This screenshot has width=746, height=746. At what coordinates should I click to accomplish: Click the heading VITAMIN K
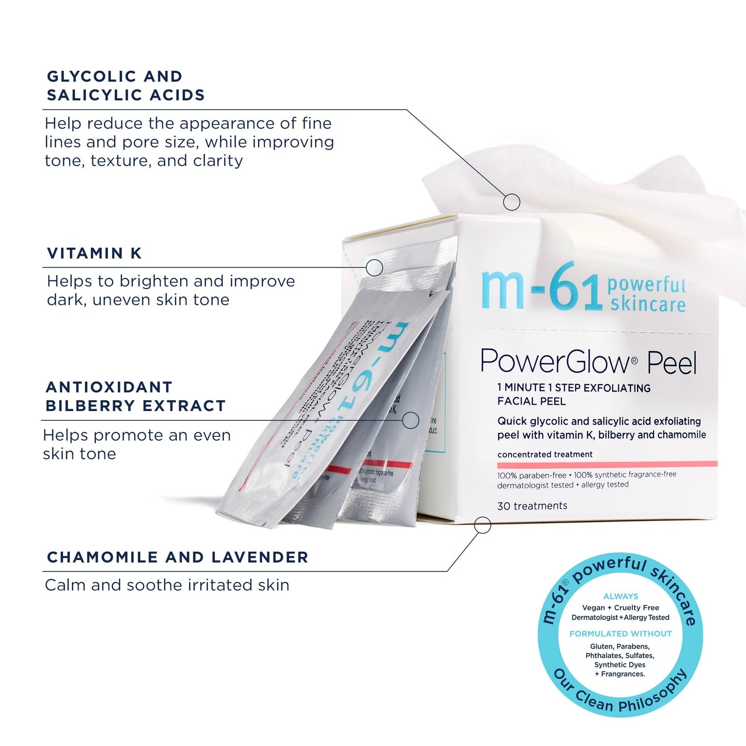(x=94, y=253)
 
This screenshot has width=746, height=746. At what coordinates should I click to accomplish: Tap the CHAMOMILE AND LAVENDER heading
(x=178, y=558)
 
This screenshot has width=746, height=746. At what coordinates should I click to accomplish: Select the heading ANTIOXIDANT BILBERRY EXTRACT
(x=135, y=396)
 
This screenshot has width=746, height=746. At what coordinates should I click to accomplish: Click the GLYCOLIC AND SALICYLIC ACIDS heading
(x=125, y=86)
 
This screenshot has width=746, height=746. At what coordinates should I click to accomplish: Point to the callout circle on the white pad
(x=511, y=202)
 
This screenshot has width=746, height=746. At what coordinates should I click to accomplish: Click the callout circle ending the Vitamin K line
(x=374, y=267)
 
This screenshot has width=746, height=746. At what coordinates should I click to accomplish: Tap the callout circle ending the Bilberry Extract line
(x=410, y=420)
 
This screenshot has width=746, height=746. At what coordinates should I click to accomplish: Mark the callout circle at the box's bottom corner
(x=482, y=525)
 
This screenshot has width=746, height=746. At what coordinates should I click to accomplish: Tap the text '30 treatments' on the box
(x=532, y=506)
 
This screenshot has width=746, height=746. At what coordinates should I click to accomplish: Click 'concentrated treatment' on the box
(x=545, y=454)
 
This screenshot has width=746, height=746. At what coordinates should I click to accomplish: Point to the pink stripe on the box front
(x=607, y=464)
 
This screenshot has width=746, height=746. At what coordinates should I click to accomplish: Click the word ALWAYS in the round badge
(x=621, y=596)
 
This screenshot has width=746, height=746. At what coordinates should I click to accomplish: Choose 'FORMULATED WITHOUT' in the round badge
(x=621, y=633)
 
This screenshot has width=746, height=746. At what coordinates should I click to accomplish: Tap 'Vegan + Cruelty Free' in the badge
(x=621, y=608)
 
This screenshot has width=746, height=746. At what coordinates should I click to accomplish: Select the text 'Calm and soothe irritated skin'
(x=167, y=585)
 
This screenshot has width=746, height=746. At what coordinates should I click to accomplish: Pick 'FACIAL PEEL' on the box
(x=531, y=401)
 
